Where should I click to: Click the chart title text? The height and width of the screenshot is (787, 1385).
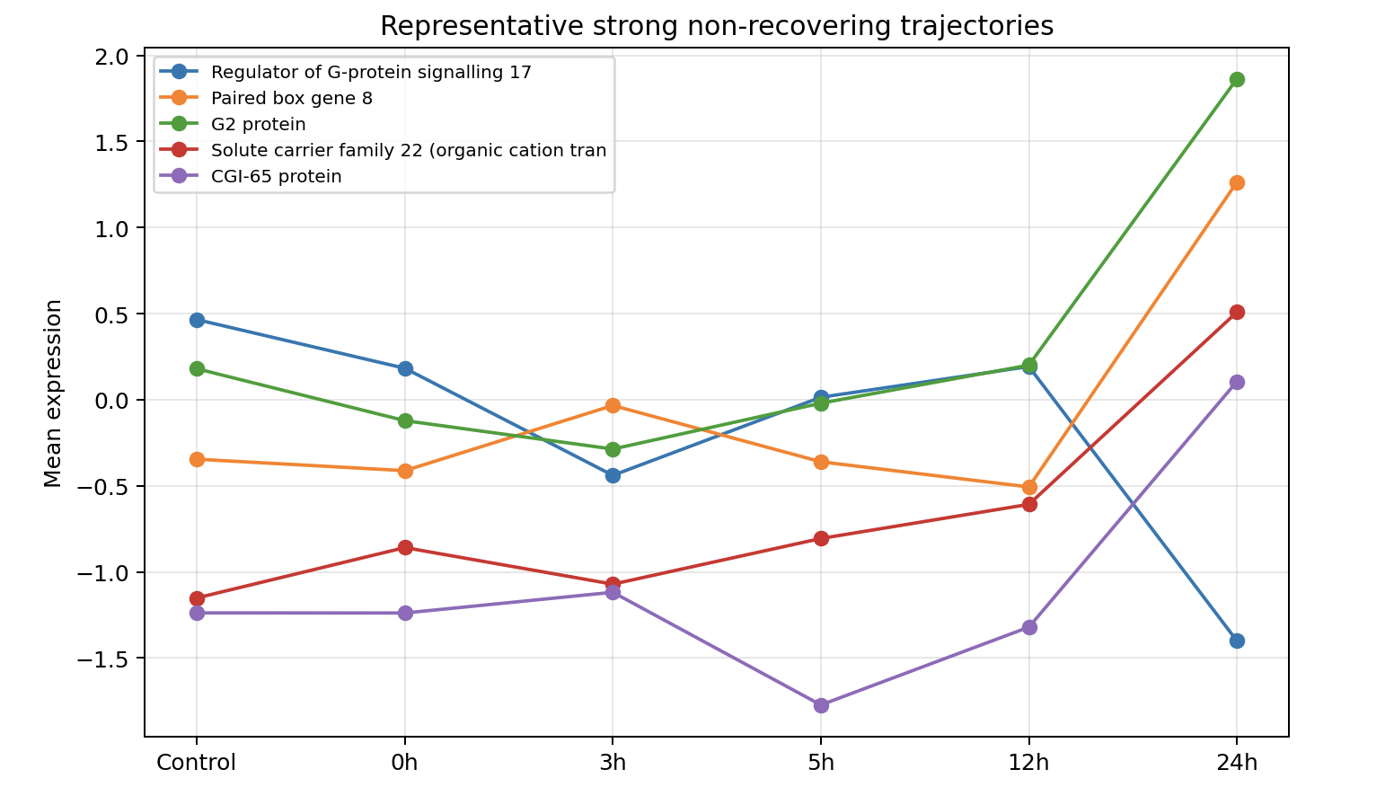[716, 26]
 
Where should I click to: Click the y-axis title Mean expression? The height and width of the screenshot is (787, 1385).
[54, 393]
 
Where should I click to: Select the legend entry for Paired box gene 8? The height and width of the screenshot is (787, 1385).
[291, 98]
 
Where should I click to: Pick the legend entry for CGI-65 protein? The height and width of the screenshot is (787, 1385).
[276, 176]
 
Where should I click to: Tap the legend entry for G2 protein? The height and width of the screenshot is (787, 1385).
[258, 124]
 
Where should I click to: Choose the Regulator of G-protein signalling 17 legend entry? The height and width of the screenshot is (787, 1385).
[371, 72]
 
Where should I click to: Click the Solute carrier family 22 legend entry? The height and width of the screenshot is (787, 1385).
[409, 150]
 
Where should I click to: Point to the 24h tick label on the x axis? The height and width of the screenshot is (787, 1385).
[1236, 763]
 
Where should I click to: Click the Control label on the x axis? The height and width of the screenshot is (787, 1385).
[196, 763]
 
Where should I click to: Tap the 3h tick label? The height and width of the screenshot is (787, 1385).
[613, 763]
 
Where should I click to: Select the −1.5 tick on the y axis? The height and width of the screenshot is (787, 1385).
[109, 659]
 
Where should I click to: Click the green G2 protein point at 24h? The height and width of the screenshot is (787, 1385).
[1237, 79]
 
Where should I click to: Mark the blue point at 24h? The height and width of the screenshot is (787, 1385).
[1237, 641]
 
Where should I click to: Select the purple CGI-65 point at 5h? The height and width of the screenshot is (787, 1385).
[821, 705]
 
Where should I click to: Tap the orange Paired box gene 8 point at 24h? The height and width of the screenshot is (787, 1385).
[1237, 182]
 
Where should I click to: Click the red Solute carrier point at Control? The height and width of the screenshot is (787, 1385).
[197, 598]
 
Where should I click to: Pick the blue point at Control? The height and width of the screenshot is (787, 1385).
[197, 320]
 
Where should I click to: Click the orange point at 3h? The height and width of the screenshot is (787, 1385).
[613, 405]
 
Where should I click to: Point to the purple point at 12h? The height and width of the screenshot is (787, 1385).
[1029, 627]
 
